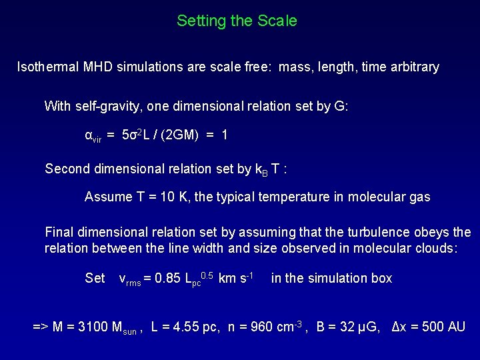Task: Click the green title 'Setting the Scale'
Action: tap(237, 21)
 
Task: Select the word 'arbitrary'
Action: tap(412, 67)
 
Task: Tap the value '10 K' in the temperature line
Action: tap(175, 197)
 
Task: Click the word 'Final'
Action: tap(59, 233)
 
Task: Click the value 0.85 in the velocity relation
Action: tap(167, 278)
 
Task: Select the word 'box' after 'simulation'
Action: tap(381, 278)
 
